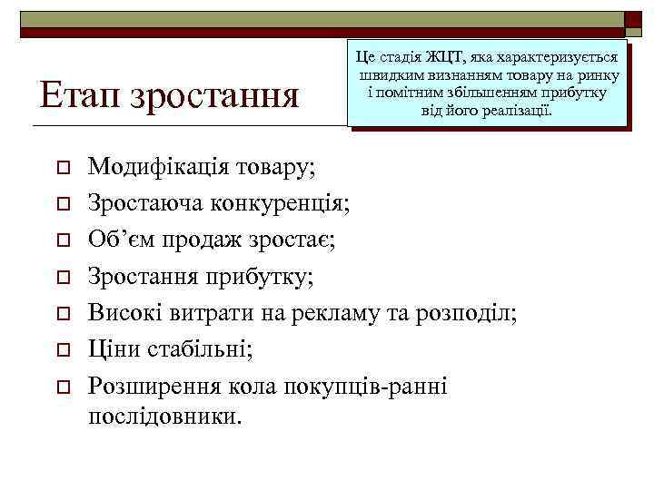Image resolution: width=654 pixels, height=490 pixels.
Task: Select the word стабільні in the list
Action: coord(198,349)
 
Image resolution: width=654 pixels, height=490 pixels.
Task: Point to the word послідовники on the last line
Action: coord(165,416)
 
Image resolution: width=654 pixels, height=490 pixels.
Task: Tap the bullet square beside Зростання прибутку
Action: coord(61,279)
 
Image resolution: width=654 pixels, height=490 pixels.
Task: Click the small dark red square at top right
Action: coord(632,18)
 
